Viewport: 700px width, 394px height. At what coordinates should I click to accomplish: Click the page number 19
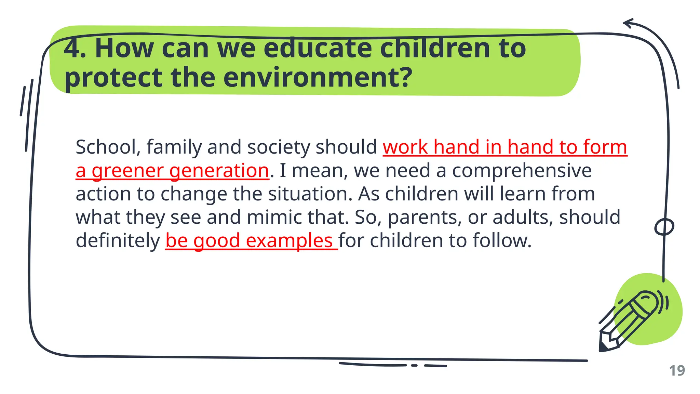(677, 371)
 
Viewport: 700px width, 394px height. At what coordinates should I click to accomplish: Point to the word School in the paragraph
(106, 147)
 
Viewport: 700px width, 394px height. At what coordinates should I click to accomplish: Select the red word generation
(219, 171)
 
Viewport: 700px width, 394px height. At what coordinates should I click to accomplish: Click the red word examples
(289, 241)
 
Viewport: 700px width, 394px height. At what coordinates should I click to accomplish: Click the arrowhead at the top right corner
(628, 24)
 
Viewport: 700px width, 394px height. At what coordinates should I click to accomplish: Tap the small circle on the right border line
(664, 227)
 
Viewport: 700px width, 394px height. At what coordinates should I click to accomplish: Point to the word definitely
(118, 241)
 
